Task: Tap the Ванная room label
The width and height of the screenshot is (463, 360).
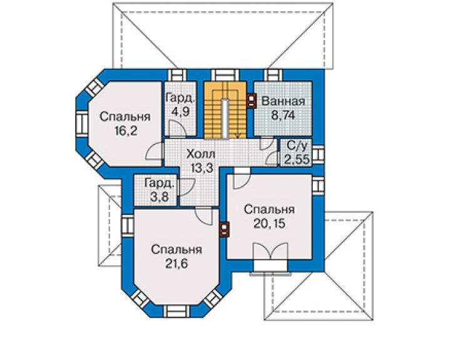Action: coord(283,101)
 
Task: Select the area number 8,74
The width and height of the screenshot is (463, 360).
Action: coord(283,115)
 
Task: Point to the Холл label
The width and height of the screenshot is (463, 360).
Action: coord(201,154)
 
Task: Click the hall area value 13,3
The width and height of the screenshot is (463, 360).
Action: coord(201,168)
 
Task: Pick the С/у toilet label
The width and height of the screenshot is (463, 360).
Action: coord(297,146)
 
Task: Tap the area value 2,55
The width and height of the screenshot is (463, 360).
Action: coord(297,159)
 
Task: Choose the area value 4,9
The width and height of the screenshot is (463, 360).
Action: coord(180,112)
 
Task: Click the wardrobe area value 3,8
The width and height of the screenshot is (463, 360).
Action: coord(159,197)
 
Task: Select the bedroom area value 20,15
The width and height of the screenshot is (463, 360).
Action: coord(269,224)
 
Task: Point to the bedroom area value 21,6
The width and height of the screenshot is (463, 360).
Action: coord(176,264)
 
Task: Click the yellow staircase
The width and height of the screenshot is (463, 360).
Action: coord(225,110)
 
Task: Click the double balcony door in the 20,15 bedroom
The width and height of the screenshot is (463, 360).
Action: coord(270,252)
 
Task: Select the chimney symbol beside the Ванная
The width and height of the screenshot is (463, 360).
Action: coord(251,101)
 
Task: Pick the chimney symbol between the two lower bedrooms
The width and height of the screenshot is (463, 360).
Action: coord(224,229)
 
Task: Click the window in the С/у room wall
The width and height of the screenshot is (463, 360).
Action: coord(318,154)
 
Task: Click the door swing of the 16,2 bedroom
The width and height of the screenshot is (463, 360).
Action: coord(154,151)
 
